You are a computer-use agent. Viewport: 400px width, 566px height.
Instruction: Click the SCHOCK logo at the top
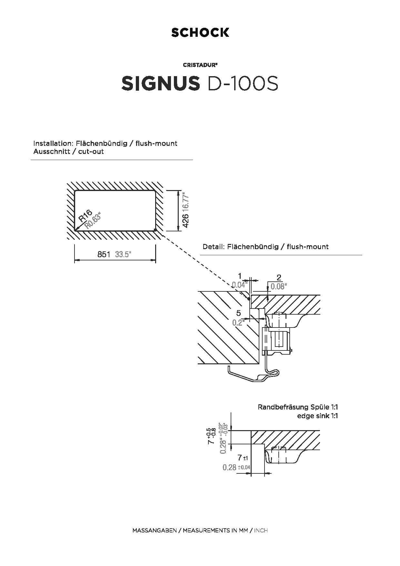[200, 32]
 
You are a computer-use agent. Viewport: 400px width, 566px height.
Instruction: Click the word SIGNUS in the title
[161, 84]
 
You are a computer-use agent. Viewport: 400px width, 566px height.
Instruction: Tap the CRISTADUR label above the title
[200, 65]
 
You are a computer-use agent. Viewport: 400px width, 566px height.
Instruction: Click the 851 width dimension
[104, 254]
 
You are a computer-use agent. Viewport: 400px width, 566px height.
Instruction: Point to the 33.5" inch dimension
[123, 254]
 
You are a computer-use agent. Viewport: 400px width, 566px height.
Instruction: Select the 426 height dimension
[185, 221]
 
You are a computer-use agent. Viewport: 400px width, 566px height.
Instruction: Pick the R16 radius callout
[85, 216]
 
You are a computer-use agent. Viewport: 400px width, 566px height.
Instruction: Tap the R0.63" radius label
[93, 220]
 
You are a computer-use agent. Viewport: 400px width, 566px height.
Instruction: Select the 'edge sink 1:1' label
[317, 416]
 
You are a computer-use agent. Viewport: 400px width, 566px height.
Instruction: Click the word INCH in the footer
[261, 531]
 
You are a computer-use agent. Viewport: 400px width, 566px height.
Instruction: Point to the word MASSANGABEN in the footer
[155, 531]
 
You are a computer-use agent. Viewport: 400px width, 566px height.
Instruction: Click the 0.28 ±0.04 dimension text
[236, 467]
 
